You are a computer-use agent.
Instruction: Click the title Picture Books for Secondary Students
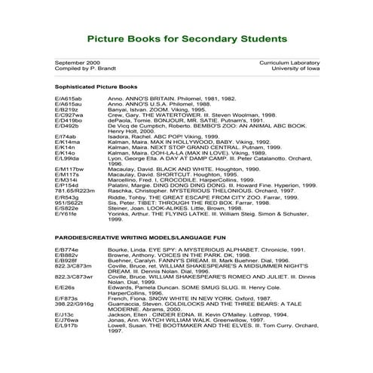[186, 37]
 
